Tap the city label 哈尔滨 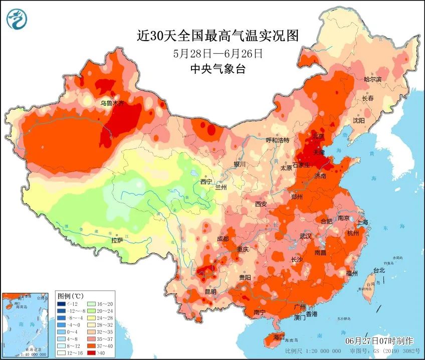pos(372,79)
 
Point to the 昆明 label pos(210,291)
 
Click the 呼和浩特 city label pos(278,140)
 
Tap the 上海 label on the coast pos(362,222)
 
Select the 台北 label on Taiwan pos(379,270)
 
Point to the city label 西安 pos(261,204)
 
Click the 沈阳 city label pos(358,120)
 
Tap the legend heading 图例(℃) pos(70,295)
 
